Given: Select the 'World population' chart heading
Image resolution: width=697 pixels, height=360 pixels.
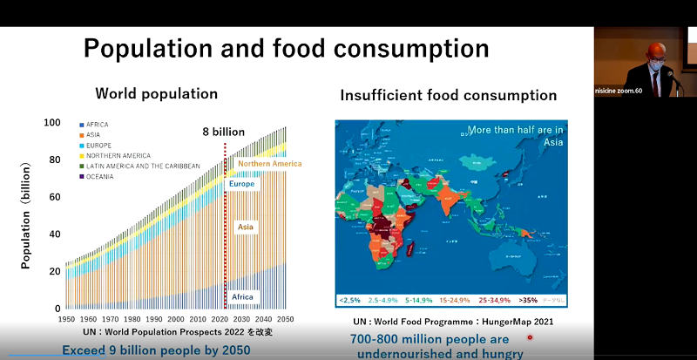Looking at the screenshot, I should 156,92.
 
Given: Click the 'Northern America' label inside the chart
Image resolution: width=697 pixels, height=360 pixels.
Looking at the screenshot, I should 269,164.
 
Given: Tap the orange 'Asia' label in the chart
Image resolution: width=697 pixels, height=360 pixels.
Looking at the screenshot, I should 247,227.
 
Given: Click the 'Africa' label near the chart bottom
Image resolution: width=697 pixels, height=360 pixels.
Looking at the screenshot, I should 242,297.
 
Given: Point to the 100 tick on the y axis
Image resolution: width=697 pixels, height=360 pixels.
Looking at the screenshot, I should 52,123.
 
